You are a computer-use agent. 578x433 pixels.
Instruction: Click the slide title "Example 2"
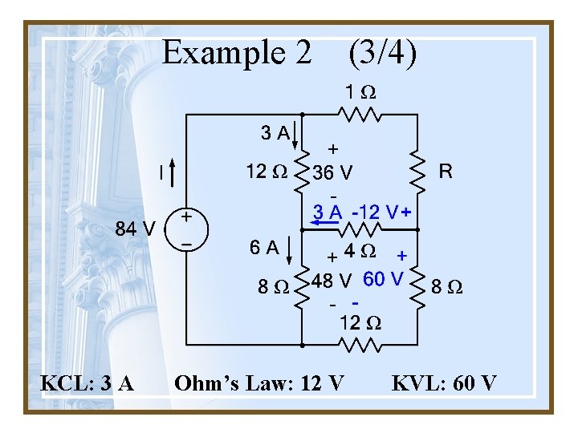pyautogui.click(x=236, y=53)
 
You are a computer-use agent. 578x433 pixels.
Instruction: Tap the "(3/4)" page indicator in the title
pyautogui.click(x=382, y=53)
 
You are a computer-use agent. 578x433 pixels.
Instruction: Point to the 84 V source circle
pyautogui.click(x=186, y=229)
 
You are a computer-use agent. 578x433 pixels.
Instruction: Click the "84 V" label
pyautogui.click(x=136, y=229)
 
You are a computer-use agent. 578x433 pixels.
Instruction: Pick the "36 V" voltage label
pyautogui.click(x=332, y=172)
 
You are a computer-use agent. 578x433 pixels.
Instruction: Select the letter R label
pyautogui.click(x=446, y=171)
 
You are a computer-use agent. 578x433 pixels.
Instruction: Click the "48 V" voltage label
pyautogui.click(x=332, y=281)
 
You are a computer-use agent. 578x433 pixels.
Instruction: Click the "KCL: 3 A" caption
pyautogui.click(x=88, y=383)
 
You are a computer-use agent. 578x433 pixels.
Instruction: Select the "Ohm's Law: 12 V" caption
pyautogui.click(x=258, y=383)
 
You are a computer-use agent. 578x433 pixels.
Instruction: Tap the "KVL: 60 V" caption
pyautogui.click(x=444, y=383)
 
